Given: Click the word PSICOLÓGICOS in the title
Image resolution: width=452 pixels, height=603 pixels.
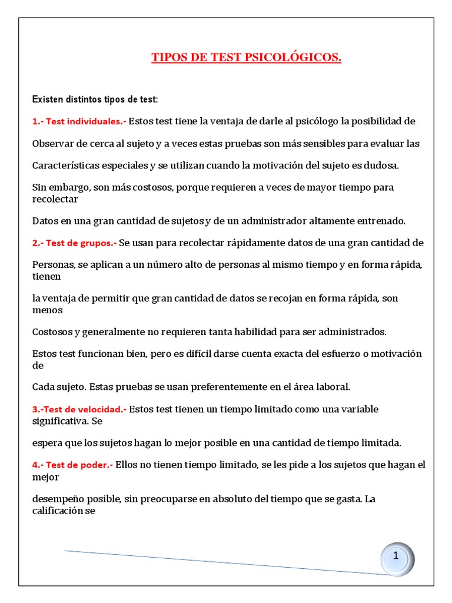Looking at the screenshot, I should click(294, 57).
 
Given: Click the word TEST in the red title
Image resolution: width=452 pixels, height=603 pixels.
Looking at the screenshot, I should click(224, 57).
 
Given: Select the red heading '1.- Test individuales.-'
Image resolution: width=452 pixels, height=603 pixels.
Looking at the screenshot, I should click(79, 122).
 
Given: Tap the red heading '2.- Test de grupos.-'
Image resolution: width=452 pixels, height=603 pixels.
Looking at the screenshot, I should click(75, 243).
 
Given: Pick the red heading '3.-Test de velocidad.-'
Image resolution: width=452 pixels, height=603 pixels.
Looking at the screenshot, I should click(79, 409).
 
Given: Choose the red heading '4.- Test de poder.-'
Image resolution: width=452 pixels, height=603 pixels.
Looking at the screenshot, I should click(72, 465).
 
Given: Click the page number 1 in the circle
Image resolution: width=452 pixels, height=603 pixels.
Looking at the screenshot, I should click(396, 556).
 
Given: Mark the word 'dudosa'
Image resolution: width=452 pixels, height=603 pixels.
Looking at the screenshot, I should click(383, 165).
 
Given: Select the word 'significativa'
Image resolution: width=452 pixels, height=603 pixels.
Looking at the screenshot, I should click(61, 421).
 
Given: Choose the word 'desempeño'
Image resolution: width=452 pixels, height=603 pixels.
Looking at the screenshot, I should click(57, 499).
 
